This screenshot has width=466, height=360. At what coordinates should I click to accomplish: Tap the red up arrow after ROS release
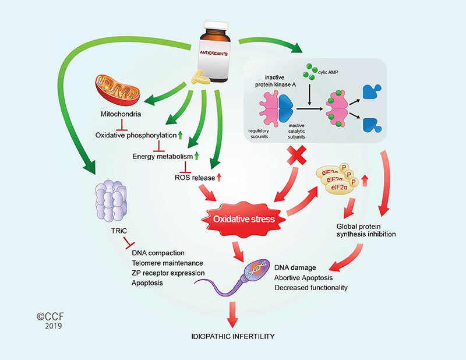coord(220,177)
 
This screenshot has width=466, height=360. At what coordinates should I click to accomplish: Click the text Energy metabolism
coord(162,156)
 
